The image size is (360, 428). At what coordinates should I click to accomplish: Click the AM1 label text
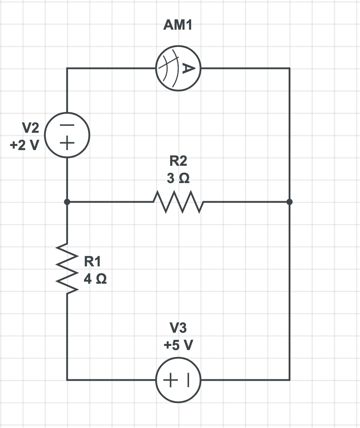[178, 26]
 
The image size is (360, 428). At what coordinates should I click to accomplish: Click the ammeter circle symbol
[178, 68]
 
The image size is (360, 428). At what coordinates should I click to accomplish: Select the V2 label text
[30, 128]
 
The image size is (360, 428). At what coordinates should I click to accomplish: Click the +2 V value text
[24, 145]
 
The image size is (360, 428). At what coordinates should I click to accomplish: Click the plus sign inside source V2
[67, 144]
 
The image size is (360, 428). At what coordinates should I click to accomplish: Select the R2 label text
[178, 161]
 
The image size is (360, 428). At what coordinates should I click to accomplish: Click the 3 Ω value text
[178, 179]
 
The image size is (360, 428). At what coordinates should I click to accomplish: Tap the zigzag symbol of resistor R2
[178, 202]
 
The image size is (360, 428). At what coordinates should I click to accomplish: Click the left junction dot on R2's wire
[67, 202]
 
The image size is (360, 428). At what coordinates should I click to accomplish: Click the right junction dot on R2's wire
[289, 202]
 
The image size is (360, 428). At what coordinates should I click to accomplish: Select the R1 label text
[92, 261]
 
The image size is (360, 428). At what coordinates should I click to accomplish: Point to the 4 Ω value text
[95, 279]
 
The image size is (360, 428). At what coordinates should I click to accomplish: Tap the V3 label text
[178, 328]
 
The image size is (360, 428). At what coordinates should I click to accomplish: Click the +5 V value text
[178, 345]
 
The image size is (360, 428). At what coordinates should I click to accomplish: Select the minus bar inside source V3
[188, 380]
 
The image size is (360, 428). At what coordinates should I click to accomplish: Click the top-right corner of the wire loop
[289, 68]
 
